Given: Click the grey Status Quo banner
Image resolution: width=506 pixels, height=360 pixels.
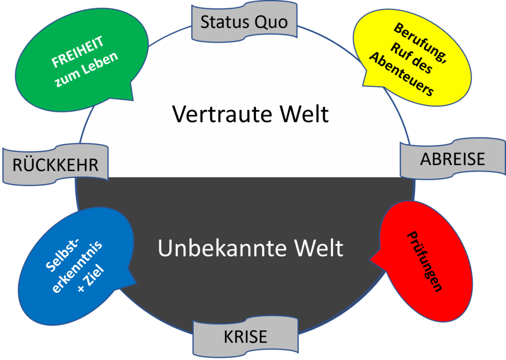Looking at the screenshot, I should (244, 22).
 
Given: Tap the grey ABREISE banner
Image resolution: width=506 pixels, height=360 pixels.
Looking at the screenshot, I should (452, 159).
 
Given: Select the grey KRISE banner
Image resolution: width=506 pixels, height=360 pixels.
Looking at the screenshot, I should (246, 336).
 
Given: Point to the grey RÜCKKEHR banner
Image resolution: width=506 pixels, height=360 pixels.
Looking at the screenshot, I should (55, 165).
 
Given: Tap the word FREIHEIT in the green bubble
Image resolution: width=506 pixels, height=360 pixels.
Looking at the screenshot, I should (78, 53).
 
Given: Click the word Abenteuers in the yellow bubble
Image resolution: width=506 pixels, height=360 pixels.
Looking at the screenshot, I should (402, 74).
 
